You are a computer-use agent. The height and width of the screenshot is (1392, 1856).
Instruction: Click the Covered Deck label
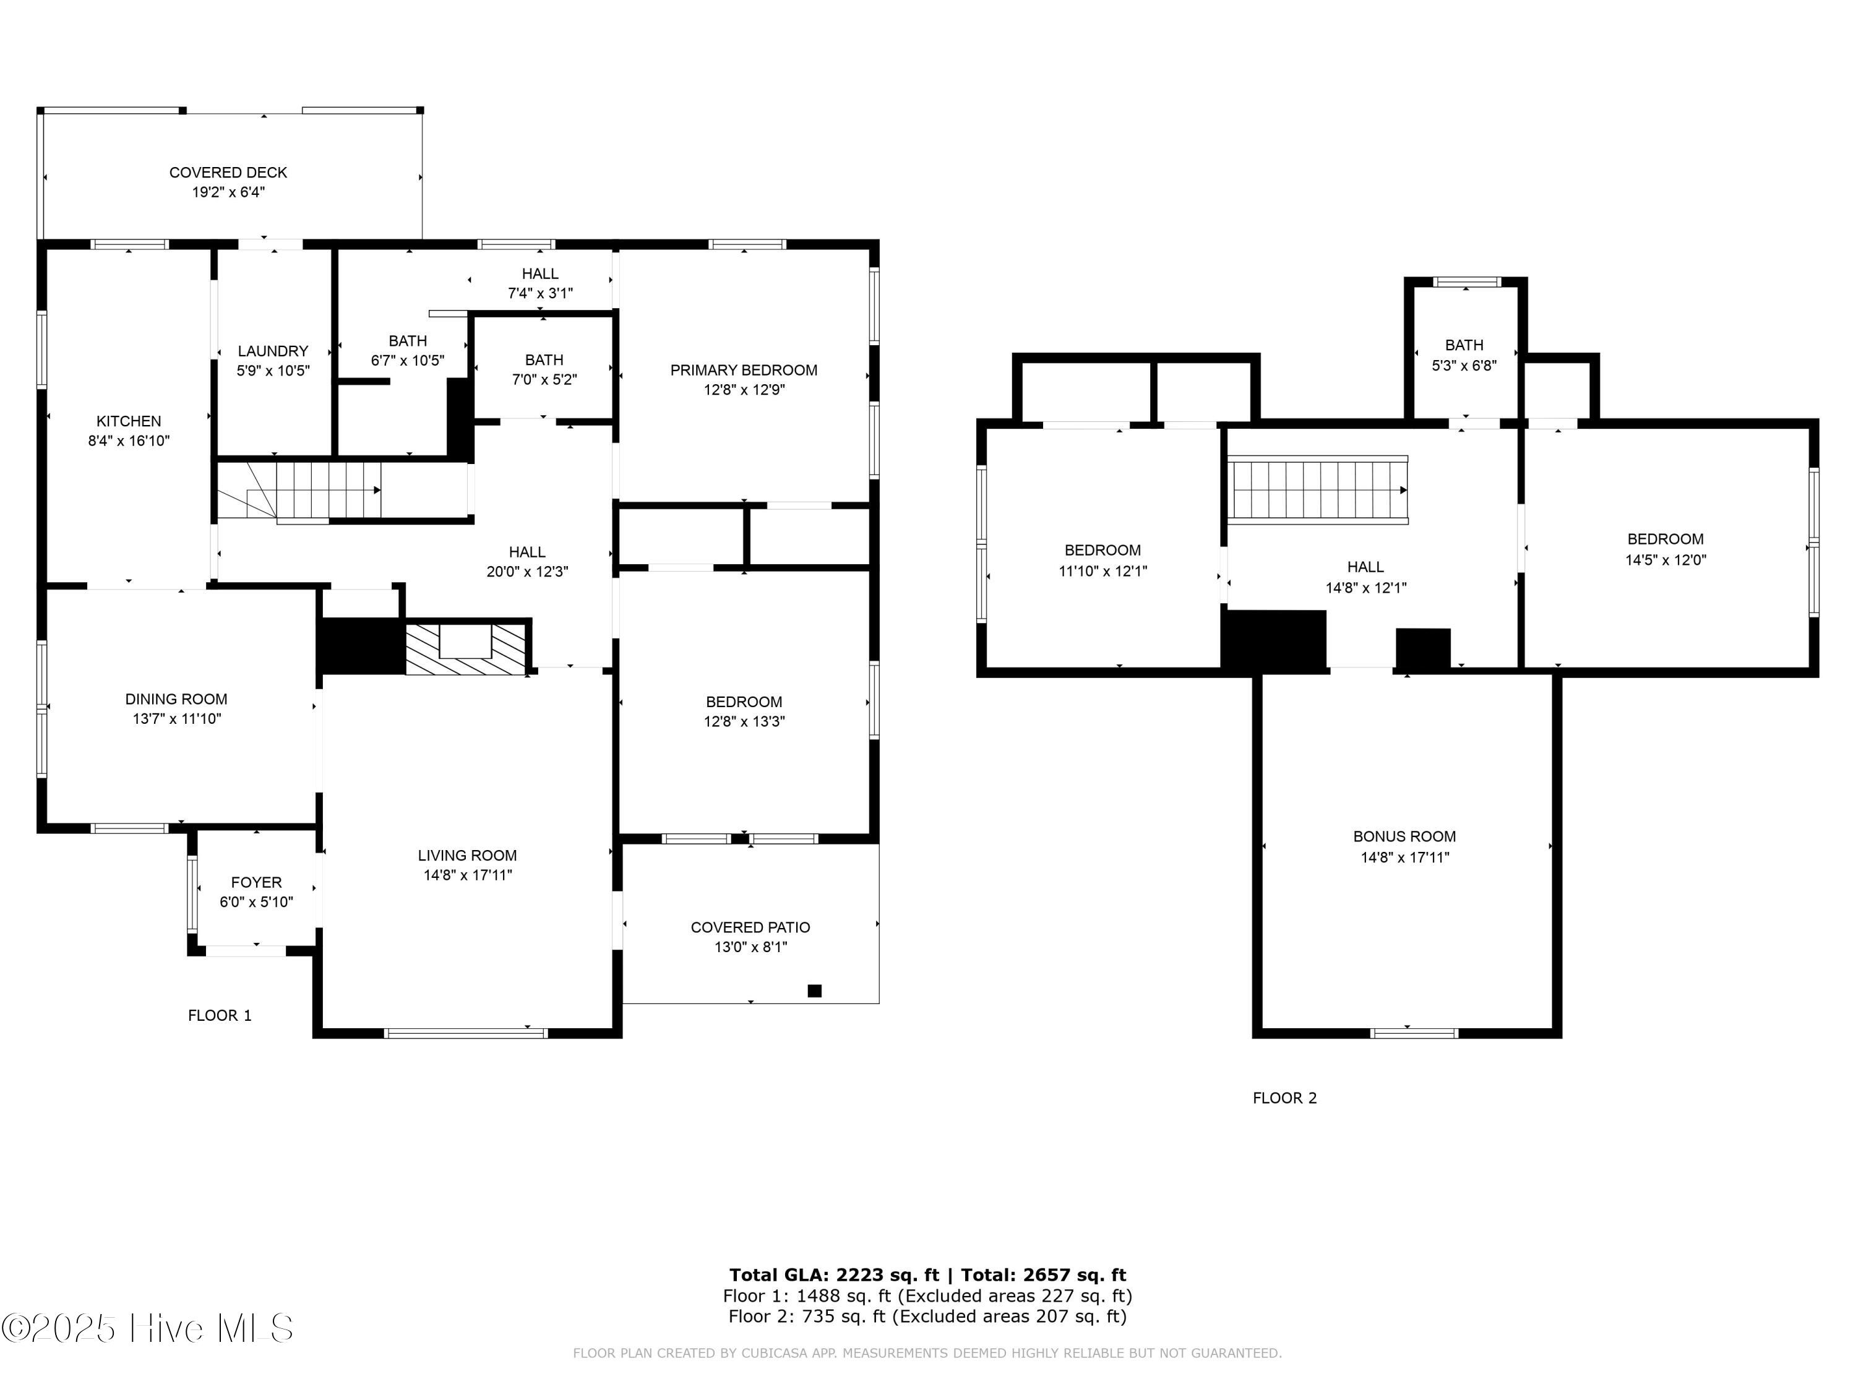(x=228, y=172)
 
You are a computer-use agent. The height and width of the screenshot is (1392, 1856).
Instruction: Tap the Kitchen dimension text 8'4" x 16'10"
(x=129, y=440)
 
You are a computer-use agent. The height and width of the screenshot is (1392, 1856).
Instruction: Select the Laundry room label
(x=273, y=351)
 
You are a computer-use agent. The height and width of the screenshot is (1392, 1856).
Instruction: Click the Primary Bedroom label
(x=744, y=370)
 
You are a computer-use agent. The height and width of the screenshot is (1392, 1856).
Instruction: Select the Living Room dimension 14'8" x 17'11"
(x=467, y=875)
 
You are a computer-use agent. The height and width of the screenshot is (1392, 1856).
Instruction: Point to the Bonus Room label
(x=1404, y=836)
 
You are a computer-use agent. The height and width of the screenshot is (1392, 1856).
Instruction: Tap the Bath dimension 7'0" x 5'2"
(x=544, y=379)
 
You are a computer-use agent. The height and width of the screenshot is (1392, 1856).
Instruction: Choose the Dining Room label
(x=176, y=699)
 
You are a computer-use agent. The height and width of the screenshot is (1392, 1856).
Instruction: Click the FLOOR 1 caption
(x=219, y=1015)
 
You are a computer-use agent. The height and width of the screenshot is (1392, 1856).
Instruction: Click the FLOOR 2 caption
(x=1284, y=1098)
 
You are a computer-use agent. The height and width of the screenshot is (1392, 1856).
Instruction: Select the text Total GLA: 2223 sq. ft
(x=833, y=1275)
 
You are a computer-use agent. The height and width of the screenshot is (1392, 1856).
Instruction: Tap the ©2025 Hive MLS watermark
(x=148, y=1328)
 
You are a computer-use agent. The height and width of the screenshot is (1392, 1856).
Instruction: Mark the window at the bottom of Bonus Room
(x=1414, y=1034)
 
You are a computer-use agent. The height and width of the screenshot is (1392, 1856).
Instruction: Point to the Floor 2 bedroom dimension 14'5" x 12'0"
(x=1665, y=560)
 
